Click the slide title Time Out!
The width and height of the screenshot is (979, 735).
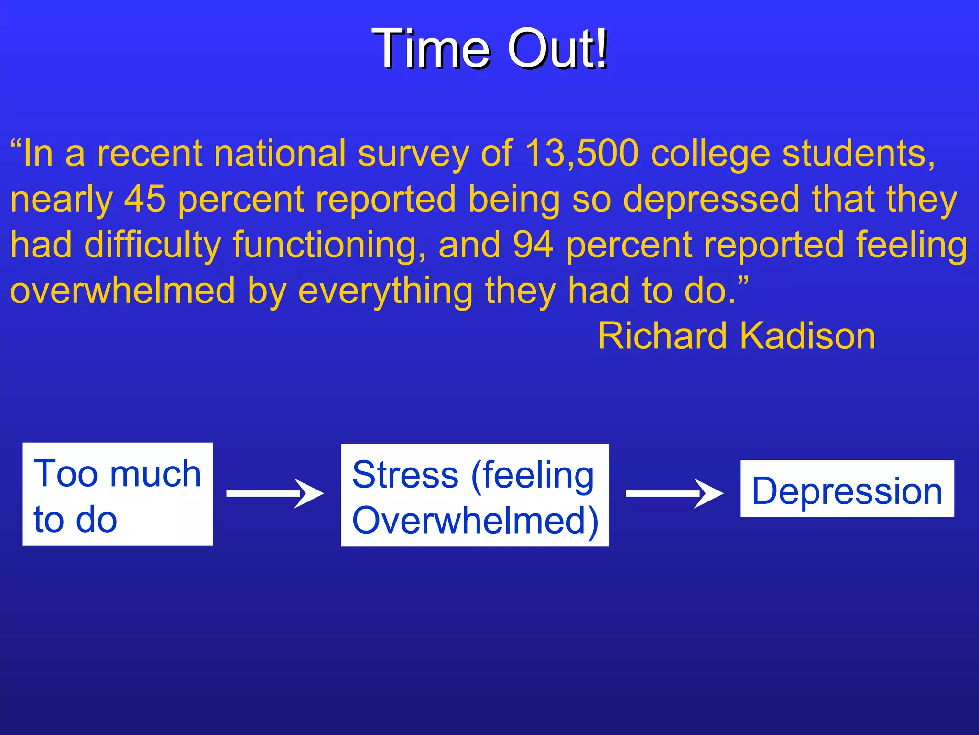(x=489, y=49)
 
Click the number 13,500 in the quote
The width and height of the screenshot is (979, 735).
(x=581, y=154)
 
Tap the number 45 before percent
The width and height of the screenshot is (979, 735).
(x=145, y=199)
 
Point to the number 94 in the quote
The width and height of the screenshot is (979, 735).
(x=533, y=245)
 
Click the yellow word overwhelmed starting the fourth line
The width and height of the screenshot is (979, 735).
(x=123, y=290)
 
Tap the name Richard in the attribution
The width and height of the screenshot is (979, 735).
(x=663, y=336)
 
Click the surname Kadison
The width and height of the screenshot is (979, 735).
(x=807, y=336)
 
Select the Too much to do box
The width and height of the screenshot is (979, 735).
(x=118, y=494)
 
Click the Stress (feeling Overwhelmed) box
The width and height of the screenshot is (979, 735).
(x=475, y=495)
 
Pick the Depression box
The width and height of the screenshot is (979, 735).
(x=847, y=489)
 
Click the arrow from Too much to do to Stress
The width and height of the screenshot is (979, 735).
(x=275, y=493)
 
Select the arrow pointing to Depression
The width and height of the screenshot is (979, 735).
(x=674, y=493)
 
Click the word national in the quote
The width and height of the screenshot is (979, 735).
(x=279, y=154)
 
